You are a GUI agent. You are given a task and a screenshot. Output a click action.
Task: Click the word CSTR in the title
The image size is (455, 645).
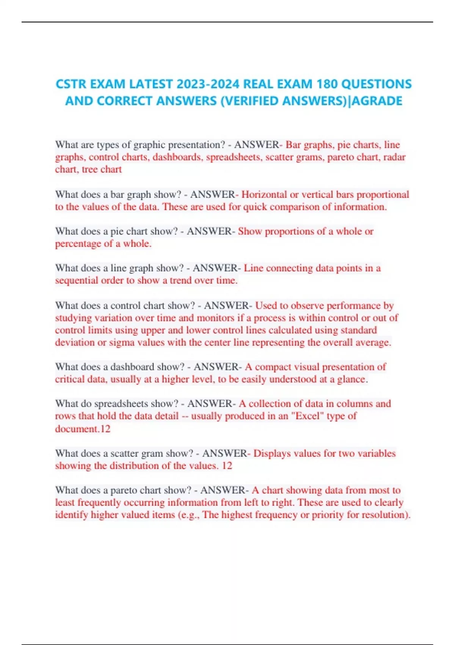(71, 84)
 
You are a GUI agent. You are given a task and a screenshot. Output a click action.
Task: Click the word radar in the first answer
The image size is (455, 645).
(395, 157)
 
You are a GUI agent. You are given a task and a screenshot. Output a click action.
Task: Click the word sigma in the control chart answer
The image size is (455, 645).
(120, 343)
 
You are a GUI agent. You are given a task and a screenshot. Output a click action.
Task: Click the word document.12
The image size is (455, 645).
(83, 429)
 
